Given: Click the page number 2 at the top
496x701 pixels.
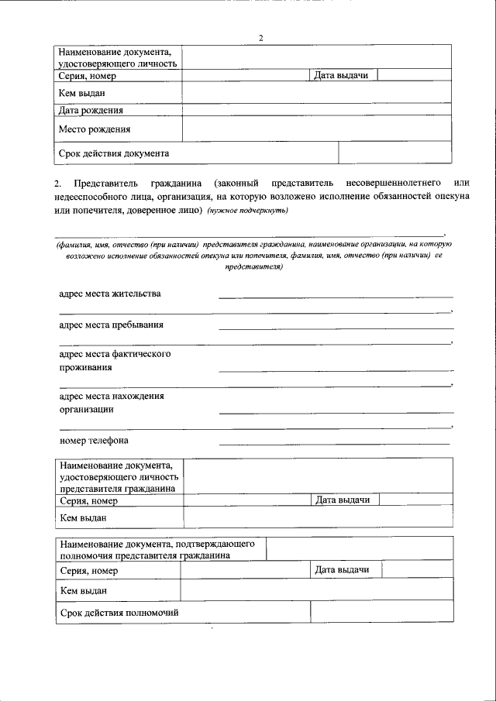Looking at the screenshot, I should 261,38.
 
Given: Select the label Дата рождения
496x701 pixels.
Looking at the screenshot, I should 91,111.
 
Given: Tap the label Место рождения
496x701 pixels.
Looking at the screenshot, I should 95,129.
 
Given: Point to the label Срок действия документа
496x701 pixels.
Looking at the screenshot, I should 114,153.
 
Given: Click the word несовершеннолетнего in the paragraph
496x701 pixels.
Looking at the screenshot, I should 405,182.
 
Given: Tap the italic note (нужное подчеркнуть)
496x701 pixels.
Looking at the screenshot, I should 247,211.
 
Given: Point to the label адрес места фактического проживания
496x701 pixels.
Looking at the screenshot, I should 115,360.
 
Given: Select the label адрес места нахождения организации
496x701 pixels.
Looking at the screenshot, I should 112,403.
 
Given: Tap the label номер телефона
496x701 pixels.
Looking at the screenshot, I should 94,440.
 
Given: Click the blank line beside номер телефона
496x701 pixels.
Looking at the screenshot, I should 334,442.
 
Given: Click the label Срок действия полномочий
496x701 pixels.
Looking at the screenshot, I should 119,612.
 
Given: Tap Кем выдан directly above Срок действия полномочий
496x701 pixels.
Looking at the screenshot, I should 83,591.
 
